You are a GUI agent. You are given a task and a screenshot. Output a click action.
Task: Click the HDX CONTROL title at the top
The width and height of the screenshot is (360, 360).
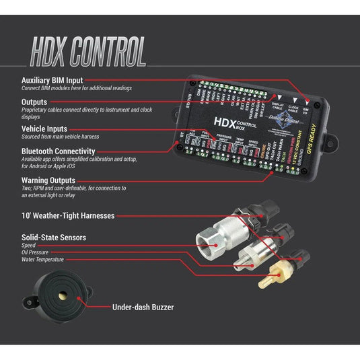[87, 50]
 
